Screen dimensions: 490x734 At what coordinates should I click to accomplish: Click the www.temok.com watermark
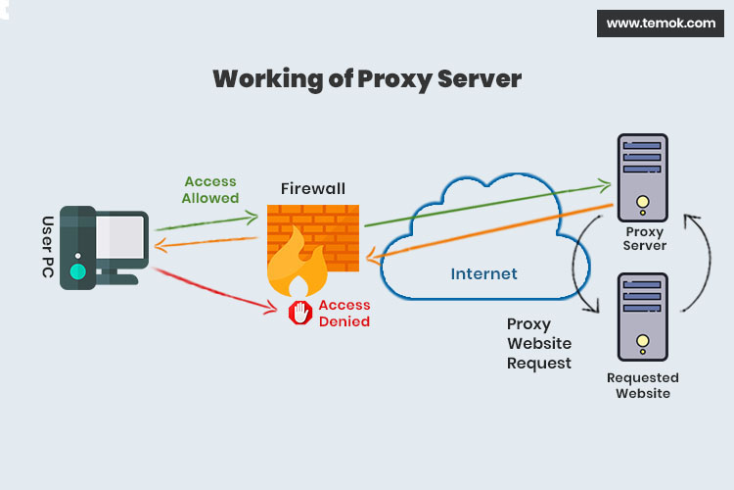coord(661,23)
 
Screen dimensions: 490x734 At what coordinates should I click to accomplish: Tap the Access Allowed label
coord(210,189)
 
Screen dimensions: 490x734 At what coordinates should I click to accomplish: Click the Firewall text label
coord(313,187)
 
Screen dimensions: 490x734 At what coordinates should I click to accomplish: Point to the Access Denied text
coord(344,313)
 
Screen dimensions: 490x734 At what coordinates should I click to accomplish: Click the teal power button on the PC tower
coord(77,271)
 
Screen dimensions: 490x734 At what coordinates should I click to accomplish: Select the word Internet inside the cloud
coord(483,273)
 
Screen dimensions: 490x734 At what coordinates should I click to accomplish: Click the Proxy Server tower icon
coord(642,179)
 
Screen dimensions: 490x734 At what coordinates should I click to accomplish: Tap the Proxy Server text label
coord(645,238)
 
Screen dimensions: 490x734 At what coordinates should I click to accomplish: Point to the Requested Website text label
coord(642,385)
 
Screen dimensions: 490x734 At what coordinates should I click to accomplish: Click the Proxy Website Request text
coord(538,343)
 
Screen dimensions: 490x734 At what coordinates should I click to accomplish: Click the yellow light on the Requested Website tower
coord(642,344)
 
